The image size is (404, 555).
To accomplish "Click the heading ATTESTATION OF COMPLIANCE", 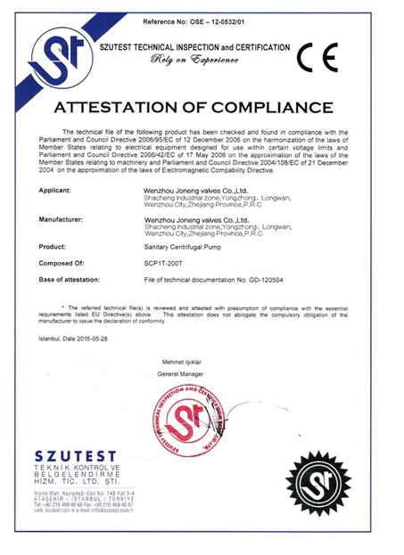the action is coord(201,109).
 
